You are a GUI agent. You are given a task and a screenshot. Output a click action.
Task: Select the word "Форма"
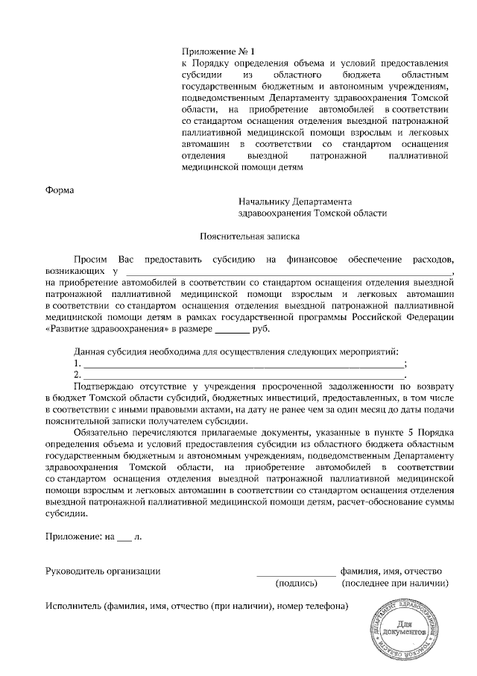60,190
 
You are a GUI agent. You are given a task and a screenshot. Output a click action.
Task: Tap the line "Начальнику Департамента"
295,201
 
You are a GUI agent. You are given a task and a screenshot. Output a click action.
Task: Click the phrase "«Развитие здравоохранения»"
107,328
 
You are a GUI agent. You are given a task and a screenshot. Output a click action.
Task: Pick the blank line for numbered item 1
242,364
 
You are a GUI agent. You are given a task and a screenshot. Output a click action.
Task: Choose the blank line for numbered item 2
242,375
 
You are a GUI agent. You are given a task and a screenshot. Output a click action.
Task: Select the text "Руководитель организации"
103,571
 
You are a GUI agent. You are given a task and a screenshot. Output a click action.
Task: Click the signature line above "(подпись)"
296,573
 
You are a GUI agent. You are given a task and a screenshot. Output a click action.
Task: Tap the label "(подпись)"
297,583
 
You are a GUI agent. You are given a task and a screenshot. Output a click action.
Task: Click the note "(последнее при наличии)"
396,583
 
